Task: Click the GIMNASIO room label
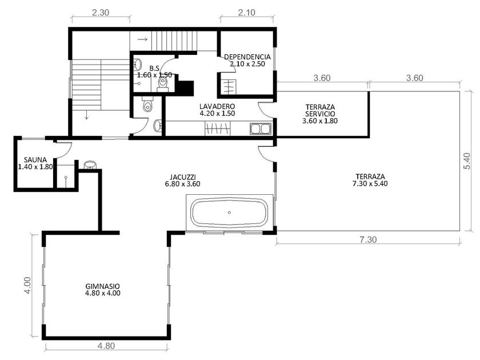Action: pyautogui.click(x=102, y=286)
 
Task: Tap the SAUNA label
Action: pyautogui.click(x=35, y=160)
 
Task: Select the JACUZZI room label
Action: pyautogui.click(x=183, y=177)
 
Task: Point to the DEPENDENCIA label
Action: pyautogui.click(x=247, y=57)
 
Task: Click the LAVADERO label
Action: pyautogui.click(x=217, y=106)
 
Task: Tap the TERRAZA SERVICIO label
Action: pyautogui.click(x=320, y=110)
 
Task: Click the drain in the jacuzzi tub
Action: pyautogui.click(x=229, y=213)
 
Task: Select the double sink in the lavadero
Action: pyautogui.click(x=261, y=129)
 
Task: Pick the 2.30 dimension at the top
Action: pyautogui.click(x=101, y=13)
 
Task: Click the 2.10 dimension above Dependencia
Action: pyautogui.click(x=246, y=13)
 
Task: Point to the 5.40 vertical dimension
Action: pyautogui.click(x=466, y=161)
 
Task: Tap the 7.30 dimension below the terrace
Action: pyautogui.click(x=368, y=239)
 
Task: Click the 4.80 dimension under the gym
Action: pyautogui.click(x=106, y=346)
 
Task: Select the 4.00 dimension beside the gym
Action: pyautogui.click(x=27, y=286)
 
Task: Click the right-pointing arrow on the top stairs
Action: pyautogui.click(x=142, y=39)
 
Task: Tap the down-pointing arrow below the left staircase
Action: pyautogui.click(x=87, y=115)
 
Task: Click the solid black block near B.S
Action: pyautogui.click(x=186, y=88)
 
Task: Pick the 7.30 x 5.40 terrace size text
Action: pyautogui.click(x=370, y=183)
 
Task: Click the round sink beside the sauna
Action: pyautogui.click(x=90, y=165)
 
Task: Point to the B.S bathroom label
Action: pyautogui.click(x=155, y=68)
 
